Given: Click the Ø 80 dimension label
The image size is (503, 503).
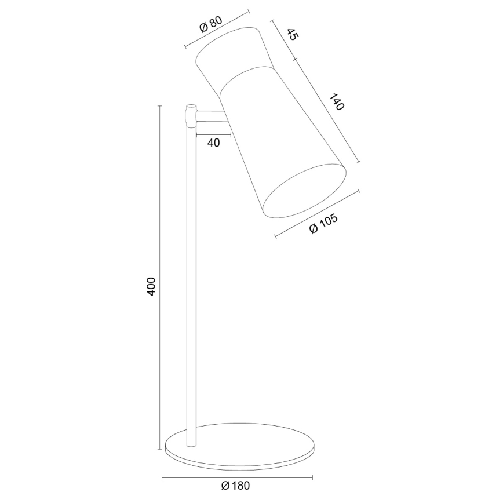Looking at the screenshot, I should click(210, 24).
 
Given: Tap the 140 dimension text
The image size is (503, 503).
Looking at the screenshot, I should click(336, 102).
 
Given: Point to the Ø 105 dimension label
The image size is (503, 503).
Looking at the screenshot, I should click(323, 223).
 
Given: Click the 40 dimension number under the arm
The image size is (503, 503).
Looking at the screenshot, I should click(213, 143).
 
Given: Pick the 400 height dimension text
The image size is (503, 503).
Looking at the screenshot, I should click(151, 287).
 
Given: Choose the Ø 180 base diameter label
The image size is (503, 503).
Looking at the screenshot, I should click(235, 486).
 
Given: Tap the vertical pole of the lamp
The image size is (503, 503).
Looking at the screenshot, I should click(191, 278).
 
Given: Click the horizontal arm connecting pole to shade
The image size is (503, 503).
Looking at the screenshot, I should click(210, 117).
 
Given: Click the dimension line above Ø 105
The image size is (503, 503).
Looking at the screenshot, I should click(316, 213).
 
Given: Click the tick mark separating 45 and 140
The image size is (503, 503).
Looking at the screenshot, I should click(295, 59).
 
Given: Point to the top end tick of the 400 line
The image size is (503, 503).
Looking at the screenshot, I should click(161, 106).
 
